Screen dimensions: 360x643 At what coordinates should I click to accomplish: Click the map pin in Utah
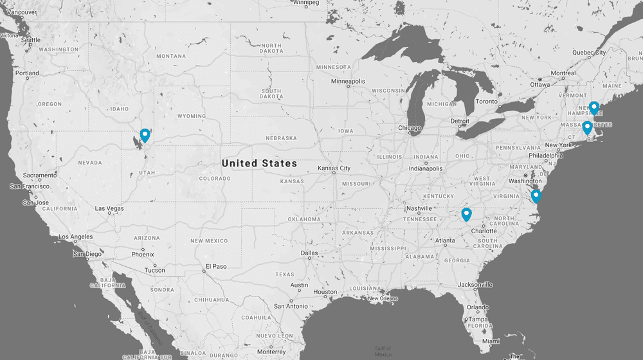145,135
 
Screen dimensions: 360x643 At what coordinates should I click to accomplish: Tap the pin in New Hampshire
594,107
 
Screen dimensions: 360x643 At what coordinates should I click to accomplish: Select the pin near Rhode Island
587,127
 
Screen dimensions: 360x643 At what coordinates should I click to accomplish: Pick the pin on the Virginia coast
536,196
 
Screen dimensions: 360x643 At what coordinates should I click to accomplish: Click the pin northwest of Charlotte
466,214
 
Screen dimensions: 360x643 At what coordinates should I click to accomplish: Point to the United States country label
259,163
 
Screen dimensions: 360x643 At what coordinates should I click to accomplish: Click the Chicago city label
410,128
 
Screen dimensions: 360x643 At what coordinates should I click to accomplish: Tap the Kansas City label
334,168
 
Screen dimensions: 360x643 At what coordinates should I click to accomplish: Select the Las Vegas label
109,208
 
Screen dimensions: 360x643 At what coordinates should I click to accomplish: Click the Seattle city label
30,40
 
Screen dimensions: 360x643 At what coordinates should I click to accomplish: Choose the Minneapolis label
348,82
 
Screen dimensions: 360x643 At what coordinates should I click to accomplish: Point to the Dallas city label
309,253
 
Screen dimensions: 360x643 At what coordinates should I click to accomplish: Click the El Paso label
215,266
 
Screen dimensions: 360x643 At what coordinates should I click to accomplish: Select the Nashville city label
419,208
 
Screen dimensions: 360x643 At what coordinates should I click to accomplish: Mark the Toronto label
487,102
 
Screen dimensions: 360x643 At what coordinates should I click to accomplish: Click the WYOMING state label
192,116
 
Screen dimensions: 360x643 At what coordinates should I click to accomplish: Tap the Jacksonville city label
476,284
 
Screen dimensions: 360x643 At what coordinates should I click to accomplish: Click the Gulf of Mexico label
383,351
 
